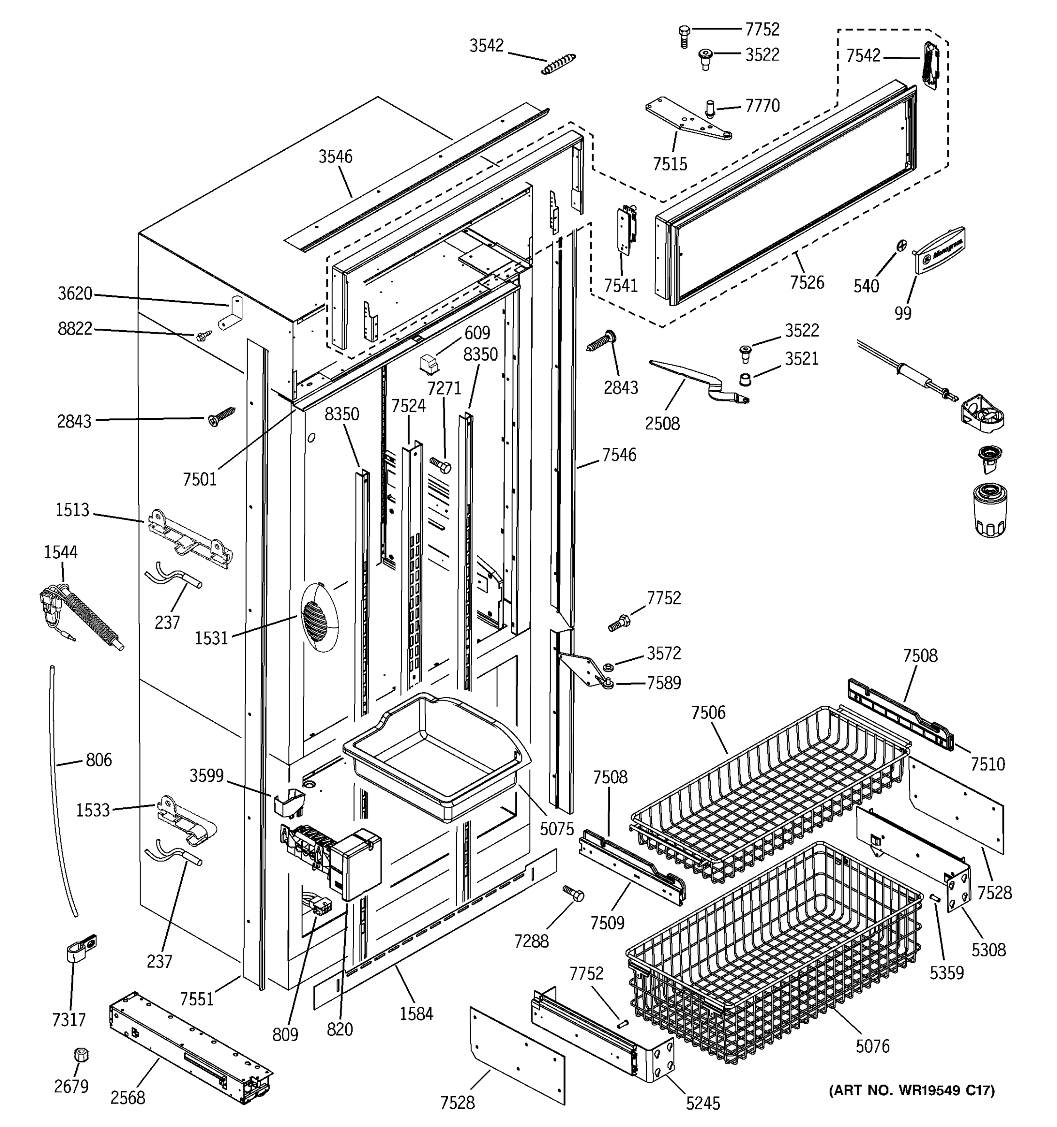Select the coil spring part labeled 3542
(559, 63)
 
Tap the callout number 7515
(670, 164)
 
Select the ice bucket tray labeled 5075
(436, 754)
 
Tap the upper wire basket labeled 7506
(771, 794)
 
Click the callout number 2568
(128, 1097)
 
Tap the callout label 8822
(75, 328)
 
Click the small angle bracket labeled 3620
(231, 314)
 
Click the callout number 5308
(988, 949)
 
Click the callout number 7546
(619, 455)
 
